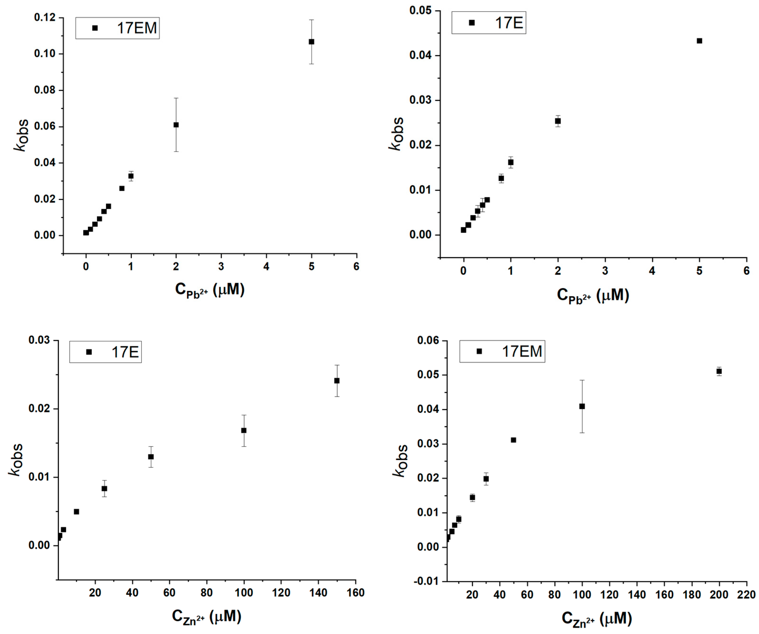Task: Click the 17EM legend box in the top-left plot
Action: point(117,28)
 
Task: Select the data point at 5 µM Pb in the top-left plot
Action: point(312,41)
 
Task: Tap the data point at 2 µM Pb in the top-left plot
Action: point(176,125)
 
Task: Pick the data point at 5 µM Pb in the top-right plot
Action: point(699,41)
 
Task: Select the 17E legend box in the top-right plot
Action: point(489,23)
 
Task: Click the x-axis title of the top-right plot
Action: point(593,296)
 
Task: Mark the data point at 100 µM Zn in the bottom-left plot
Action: point(244,430)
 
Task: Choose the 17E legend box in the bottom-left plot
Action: point(106,352)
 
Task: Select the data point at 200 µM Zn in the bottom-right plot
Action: point(719,371)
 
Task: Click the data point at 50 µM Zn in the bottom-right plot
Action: point(513,440)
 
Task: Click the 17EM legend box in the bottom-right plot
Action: point(502,351)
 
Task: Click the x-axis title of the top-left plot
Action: point(210,290)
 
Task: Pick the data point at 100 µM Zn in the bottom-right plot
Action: point(582,406)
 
